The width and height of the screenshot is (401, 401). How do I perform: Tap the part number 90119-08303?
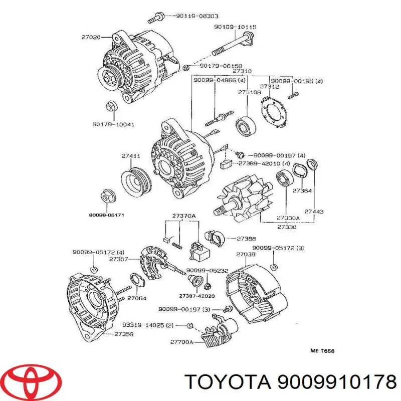197,16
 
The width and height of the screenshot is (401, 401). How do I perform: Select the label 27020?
91,37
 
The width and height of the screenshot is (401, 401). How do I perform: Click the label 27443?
314,212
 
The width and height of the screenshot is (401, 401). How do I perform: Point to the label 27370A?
183,216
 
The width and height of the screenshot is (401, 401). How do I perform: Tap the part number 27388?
246,239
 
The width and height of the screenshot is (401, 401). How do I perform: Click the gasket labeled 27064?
137,281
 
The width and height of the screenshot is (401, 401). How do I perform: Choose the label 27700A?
181,342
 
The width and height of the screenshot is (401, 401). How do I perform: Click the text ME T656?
322,351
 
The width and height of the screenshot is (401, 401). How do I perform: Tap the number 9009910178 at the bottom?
337,382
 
